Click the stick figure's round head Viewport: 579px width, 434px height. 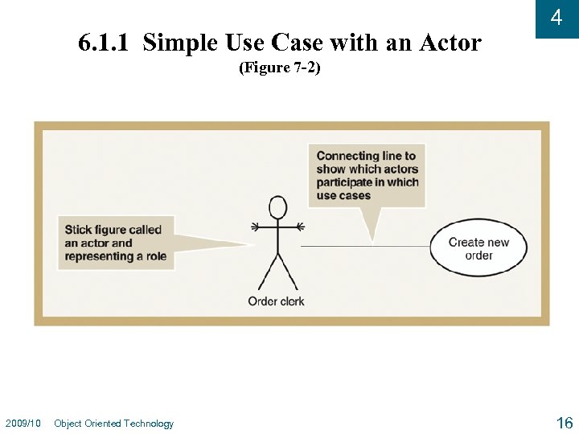pos(277,207)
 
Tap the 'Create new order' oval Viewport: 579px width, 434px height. pos(478,248)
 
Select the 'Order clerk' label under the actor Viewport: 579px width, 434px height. pos(276,301)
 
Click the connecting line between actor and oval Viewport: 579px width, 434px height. pos(366,246)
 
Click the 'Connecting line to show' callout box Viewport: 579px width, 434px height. pos(367,175)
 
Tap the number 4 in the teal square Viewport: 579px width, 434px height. pos(556,18)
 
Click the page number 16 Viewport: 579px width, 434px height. pos(564,423)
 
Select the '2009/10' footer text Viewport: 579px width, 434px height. pos(23,424)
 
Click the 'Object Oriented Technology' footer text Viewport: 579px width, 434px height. pos(113,424)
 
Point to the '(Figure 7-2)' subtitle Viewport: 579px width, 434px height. pos(280,68)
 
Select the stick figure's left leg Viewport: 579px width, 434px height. pos(267,272)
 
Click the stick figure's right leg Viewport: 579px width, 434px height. pos(288,272)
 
